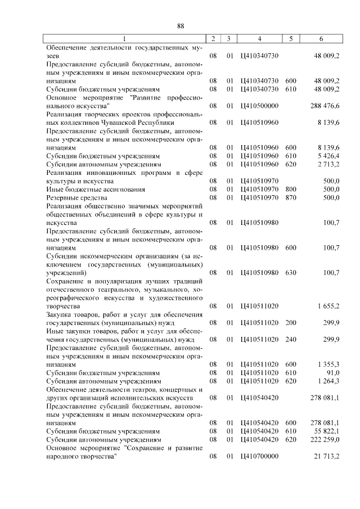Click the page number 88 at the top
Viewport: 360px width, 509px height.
click(181, 26)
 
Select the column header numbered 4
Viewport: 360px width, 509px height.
click(259, 39)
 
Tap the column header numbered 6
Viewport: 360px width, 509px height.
click(321, 39)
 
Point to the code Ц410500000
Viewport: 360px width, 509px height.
click(259, 105)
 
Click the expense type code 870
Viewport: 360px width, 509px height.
click(290, 197)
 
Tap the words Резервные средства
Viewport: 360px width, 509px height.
click(77, 197)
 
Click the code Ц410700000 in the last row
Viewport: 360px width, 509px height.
click(259, 456)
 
